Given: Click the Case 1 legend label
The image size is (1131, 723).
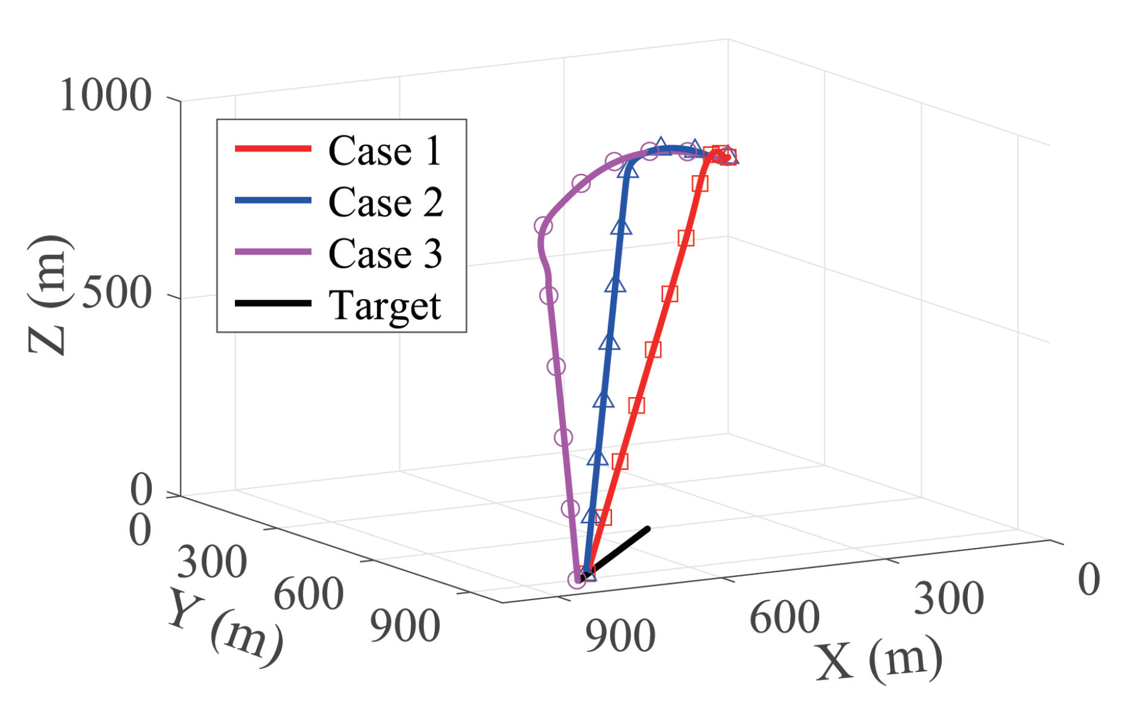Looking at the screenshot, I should click(384, 151).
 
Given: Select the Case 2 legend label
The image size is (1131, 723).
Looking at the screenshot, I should click(385, 202).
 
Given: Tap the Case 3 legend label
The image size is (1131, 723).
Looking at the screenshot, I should click(385, 254).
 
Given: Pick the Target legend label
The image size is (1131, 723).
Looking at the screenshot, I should click(384, 306).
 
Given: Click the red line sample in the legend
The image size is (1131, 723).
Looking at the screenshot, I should click(273, 148).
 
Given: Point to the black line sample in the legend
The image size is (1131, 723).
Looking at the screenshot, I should click(273, 303).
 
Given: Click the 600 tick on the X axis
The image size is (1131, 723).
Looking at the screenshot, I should click(784, 617).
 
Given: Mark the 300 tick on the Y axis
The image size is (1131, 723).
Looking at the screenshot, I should click(212, 562).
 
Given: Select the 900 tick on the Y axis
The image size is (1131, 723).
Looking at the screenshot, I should click(405, 626).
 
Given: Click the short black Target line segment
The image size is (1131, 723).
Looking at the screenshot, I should click(620, 549).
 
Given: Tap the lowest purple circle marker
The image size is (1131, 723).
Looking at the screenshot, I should click(576, 579).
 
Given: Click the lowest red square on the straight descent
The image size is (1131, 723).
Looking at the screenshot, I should click(603, 517).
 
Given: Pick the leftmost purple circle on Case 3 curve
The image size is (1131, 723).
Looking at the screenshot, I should click(543, 226).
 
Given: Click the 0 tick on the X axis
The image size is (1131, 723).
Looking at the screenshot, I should click(1088, 579).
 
